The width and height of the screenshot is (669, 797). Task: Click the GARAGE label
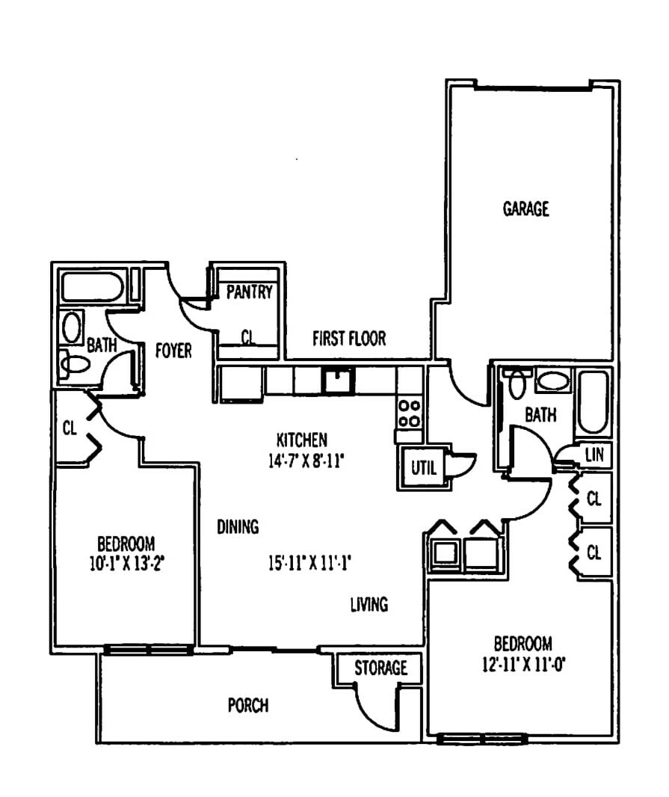[525, 209]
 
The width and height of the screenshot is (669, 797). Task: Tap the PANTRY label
[249, 292]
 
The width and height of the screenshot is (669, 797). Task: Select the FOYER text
[173, 351]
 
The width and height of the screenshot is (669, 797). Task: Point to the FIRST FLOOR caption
[349, 339]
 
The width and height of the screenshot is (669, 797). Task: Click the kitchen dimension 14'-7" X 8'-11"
[306, 461]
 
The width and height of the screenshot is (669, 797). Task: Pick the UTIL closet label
[424, 467]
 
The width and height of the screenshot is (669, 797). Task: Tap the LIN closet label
[594, 454]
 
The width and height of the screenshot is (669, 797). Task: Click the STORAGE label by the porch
[380, 668]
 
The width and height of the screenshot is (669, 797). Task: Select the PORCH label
[248, 706]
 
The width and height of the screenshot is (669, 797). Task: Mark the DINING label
[238, 526]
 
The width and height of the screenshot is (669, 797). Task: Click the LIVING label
[369, 604]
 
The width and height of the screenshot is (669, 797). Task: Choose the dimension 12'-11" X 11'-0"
[524, 665]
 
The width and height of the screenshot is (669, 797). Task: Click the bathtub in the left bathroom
[92, 287]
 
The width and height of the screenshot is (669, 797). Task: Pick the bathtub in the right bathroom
[593, 402]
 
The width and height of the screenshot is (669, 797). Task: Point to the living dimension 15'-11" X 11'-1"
[310, 563]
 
